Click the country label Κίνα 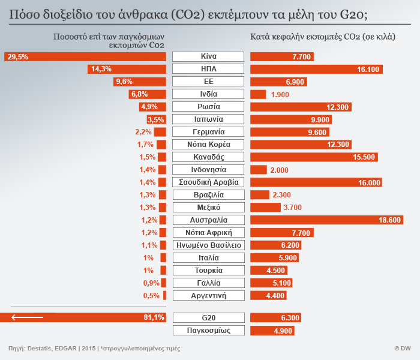coord(208,57)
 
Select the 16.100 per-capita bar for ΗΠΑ coord(316,70)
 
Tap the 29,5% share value coord(17,57)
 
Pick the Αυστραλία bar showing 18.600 coord(326,220)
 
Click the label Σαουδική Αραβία coord(208,182)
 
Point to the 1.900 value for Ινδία coord(281,95)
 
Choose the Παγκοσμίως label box coord(208,331)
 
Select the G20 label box coord(208,317)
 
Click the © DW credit coord(402,349)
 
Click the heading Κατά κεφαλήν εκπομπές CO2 coord(322,37)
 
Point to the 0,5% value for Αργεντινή coord(151,296)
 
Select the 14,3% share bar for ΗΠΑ coord(127,70)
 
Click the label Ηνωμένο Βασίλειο coord(208,245)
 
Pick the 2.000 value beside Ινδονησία coord(280,170)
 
